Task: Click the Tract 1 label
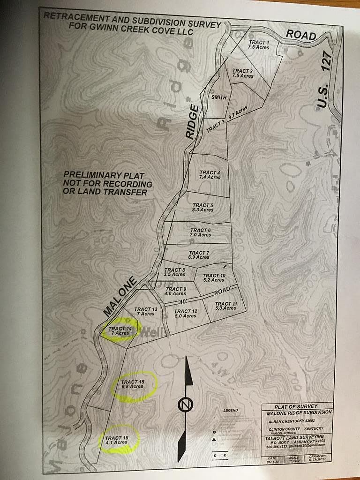[258, 45]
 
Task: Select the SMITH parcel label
[219, 97]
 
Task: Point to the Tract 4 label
[210, 175]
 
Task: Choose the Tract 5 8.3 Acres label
[202, 207]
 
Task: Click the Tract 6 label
[201, 232]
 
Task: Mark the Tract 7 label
[199, 255]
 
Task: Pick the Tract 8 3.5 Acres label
[174, 272]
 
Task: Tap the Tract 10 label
[214, 277]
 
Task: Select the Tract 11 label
[226, 306]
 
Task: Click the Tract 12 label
[186, 314]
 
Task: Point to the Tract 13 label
[145, 312]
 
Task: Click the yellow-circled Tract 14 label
[120, 331]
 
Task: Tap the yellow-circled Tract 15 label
[132, 384]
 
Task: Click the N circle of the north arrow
[185, 405]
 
